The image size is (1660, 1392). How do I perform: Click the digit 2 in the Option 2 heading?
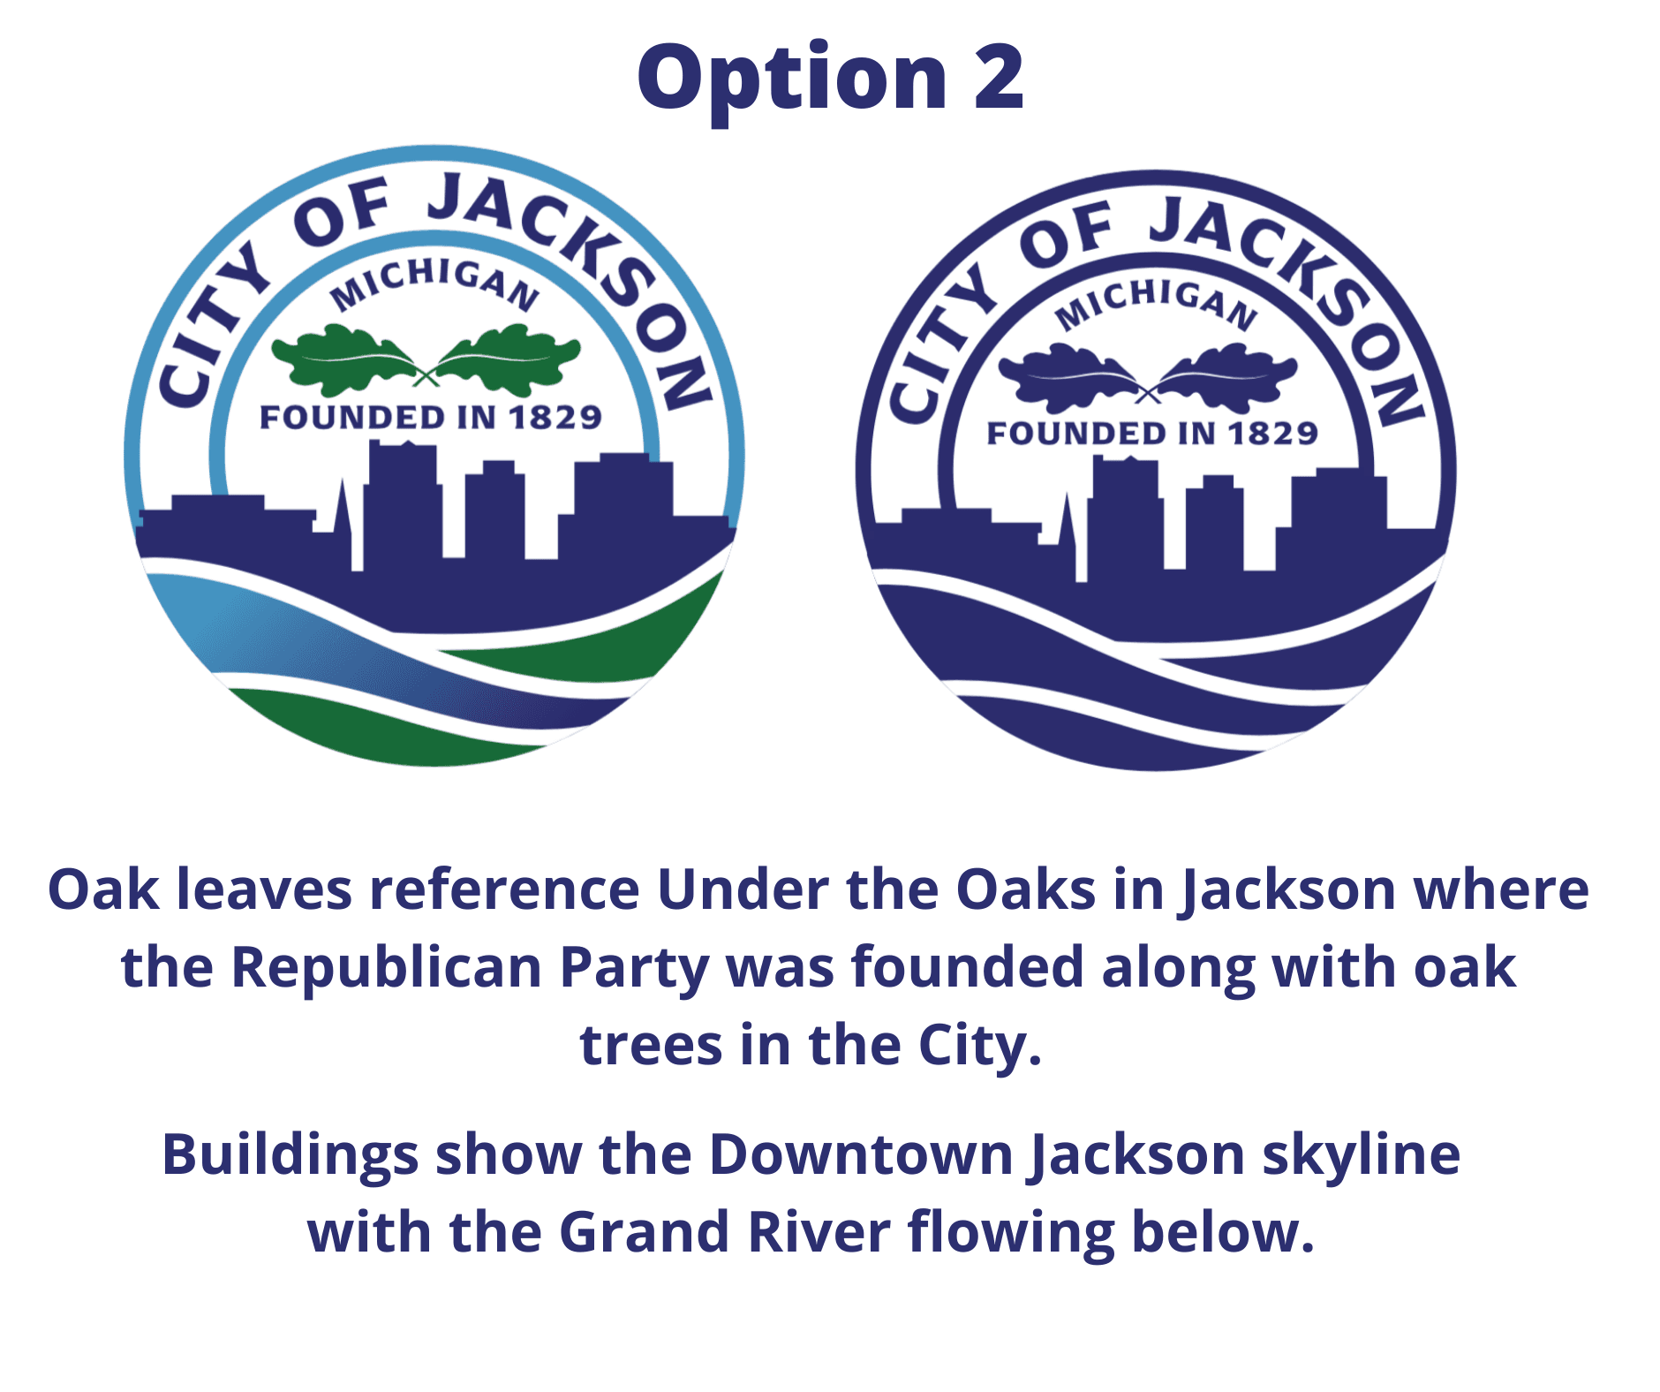pyautogui.click(x=999, y=78)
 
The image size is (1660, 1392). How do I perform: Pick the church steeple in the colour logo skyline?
pyautogui.click(x=342, y=512)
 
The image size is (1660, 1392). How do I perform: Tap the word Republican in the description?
pyautogui.click(x=386, y=968)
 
